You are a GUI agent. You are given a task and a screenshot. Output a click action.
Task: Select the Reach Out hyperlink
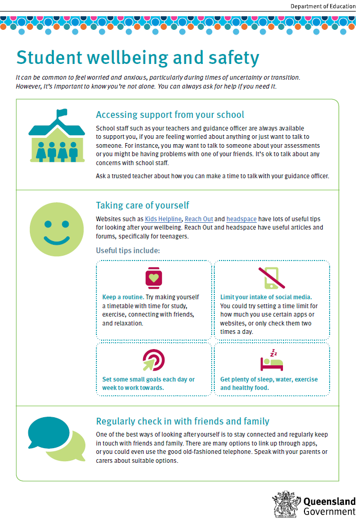click(x=198, y=219)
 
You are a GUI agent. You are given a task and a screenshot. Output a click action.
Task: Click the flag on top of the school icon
click(x=62, y=113)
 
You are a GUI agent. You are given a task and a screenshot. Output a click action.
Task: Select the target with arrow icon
click(x=154, y=360)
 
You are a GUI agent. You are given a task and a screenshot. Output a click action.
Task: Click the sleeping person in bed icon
click(x=272, y=361)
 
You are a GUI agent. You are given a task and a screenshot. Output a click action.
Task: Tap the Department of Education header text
click(x=323, y=6)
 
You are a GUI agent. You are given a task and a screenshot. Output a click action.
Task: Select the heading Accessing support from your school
click(x=170, y=115)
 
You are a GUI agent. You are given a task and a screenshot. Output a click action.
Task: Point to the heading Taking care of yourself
click(x=143, y=205)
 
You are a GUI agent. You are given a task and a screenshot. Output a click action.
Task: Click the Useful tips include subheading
click(x=128, y=250)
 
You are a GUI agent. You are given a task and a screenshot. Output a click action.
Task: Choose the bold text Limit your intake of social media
click(x=266, y=297)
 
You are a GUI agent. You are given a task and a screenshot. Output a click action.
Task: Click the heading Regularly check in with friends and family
click(x=182, y=421)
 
